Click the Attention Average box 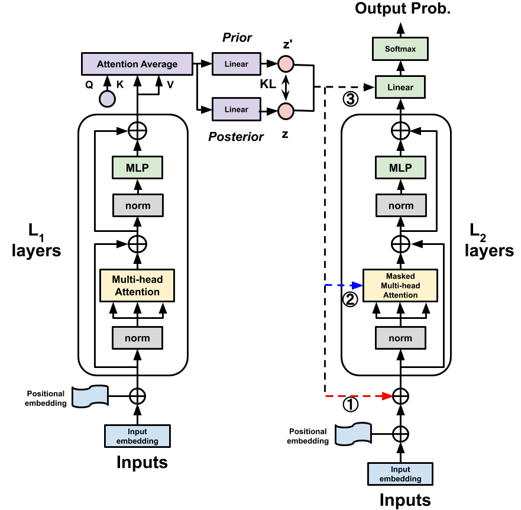[137, 64]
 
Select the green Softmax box [400, 49]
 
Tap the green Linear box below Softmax [400, 88]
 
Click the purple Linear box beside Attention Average [236, 64]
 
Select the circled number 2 [350, 300]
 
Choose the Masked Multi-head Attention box [400, 285]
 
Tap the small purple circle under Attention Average [107, 99]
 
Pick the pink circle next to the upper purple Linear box [286, 64]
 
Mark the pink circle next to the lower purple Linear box [286, 111]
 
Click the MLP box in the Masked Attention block [400, 168]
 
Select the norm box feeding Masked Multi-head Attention [400, 338]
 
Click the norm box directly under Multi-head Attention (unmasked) [137, 338]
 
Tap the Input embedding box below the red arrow [400, 474]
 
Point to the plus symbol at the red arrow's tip [401, 396]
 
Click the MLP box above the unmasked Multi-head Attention [137, 168]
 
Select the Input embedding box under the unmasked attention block [137, 436]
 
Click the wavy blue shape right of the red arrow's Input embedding [353, 434]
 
